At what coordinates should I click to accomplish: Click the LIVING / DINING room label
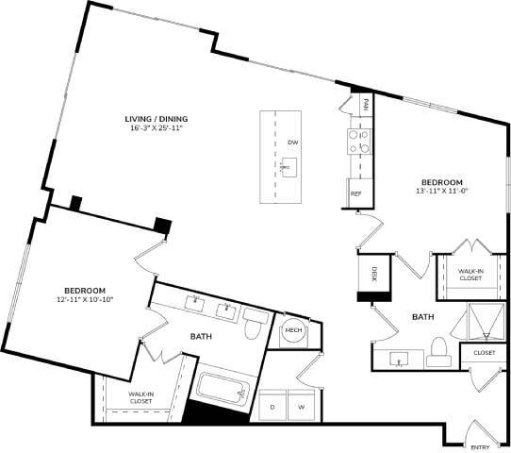pyautogui.click(x=157, y=118)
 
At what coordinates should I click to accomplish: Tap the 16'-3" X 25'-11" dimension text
pyautogui.click(x=157, y=128)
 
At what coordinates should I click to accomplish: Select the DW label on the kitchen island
pyautogui.click(x=292, y=142)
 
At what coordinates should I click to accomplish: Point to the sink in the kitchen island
pyautogui.click(x=286, y=166)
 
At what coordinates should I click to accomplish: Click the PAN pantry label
pyautogui.click(x=366, y=101)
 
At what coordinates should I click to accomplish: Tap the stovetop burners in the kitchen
pyautogui.click(x=357, y=142)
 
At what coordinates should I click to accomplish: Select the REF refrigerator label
pyautogui.click(x=356, y=193)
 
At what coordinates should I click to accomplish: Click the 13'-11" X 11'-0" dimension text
pyautogui.click(x=441, y=192)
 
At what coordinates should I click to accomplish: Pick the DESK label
pyautogui.click(x=373, y=276)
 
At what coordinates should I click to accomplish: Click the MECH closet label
pyautogui.click(x=292, y=331)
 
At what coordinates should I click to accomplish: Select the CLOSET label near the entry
pyautogui.click(x=484, y=353)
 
